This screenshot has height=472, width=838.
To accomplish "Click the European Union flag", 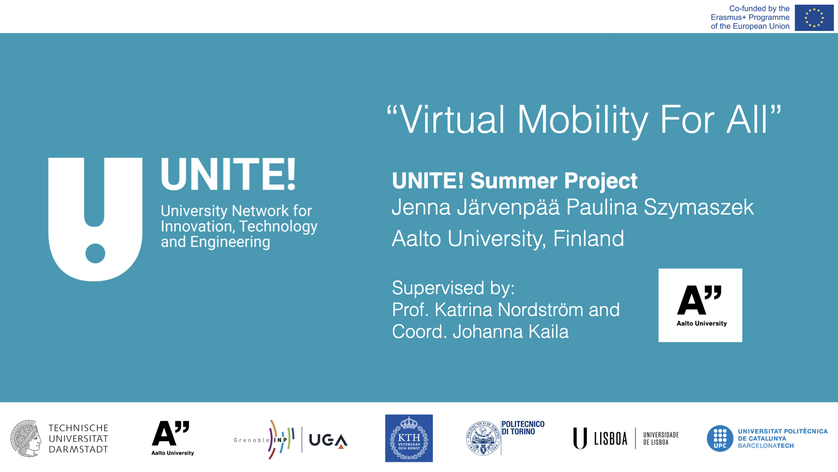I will pyautogui.click(x=814, y=18).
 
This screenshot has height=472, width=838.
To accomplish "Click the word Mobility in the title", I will pyautogui.click(x=582, y=120).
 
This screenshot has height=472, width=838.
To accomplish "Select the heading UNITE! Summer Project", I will pyautogui.click(x=514, y=180).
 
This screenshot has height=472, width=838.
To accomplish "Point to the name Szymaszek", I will pyautogui.click(x=698, y=207).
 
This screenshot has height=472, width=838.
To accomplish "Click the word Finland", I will pyautogui.click(x=588, y=239).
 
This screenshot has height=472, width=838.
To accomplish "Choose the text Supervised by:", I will pyautogui.click(x=453, y=288).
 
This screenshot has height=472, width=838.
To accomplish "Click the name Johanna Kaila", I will pyautogui.click(x=510, y=332).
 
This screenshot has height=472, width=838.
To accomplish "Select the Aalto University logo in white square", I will pyautogui.click(x=700, y=305).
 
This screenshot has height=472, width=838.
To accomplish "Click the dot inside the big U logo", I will pyautogui.click(x=95, y=253).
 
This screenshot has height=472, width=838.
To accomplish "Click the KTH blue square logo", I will pyautogui.click(x=409, y=438).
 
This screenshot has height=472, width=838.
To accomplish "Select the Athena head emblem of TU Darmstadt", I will pyautogui.click(x=26, y=438).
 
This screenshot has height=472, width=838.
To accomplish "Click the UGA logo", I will pyautogui.click(x=328, y=440).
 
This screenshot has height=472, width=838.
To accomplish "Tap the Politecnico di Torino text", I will pyautogui.click(x=522, y=428).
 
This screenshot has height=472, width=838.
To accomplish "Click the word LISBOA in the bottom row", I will pyautogui.click(x=610, y=439).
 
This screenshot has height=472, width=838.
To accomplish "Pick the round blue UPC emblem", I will pyautogui.click(x=720, y=438).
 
